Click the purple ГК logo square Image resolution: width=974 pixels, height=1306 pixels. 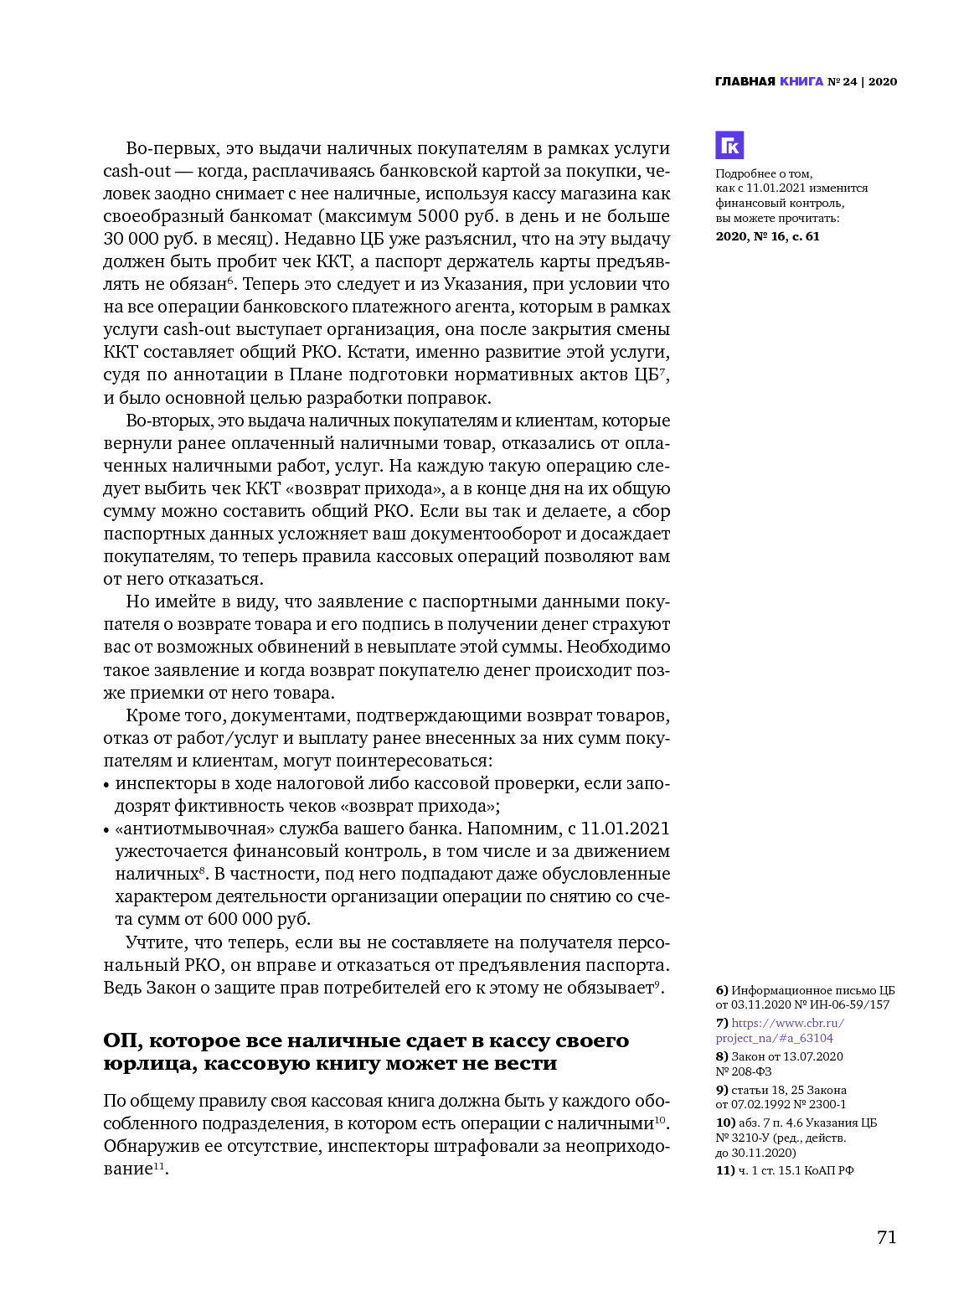[x=729, y=145]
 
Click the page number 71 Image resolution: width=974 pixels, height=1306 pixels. [x=887, y=1237]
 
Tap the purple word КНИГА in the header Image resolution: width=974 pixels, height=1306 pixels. [x=801, y=81]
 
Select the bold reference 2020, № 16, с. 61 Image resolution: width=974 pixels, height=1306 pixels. [x=767, y=236]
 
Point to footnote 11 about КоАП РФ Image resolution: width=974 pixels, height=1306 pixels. [x=785, y=1170]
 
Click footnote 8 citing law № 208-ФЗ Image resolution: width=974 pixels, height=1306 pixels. [x=779, y=1064]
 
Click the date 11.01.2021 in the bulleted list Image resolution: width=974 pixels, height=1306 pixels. [x=625, y=829]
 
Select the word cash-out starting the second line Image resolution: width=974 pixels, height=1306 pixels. [x=137, y=171]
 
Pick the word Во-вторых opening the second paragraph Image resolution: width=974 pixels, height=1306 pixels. [x=162, y=421]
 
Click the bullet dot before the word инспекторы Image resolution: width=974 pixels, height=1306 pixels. [x=106, y=785]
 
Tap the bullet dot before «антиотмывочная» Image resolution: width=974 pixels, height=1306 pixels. [x=106, y=830]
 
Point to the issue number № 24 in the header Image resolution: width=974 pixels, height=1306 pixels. [x=842, y=81]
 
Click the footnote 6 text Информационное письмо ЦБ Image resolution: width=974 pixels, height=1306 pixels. [x=805, y=990]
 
